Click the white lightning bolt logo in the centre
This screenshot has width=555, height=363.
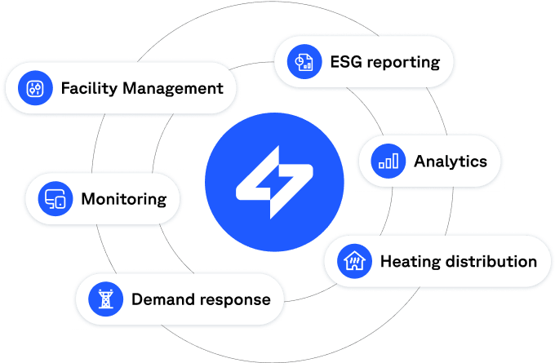(275, 180)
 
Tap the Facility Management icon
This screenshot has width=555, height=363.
(35, 88)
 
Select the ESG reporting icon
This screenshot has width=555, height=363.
(304, 61)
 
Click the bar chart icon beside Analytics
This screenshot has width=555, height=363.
(388, 161)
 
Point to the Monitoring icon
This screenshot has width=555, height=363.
(55, 198)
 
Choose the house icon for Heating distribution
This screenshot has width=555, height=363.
(354, 262)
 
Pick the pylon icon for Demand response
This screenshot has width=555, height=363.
(105, 299)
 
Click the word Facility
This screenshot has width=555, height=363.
(89, 88)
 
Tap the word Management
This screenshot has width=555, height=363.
(173, 88)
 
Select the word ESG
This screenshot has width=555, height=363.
(345, 61)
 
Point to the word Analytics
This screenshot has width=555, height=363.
(451, 161)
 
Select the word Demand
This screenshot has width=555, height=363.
(160, 299)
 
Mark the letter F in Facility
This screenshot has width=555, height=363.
(66, 88)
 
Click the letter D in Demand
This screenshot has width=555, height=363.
(137, 299)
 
